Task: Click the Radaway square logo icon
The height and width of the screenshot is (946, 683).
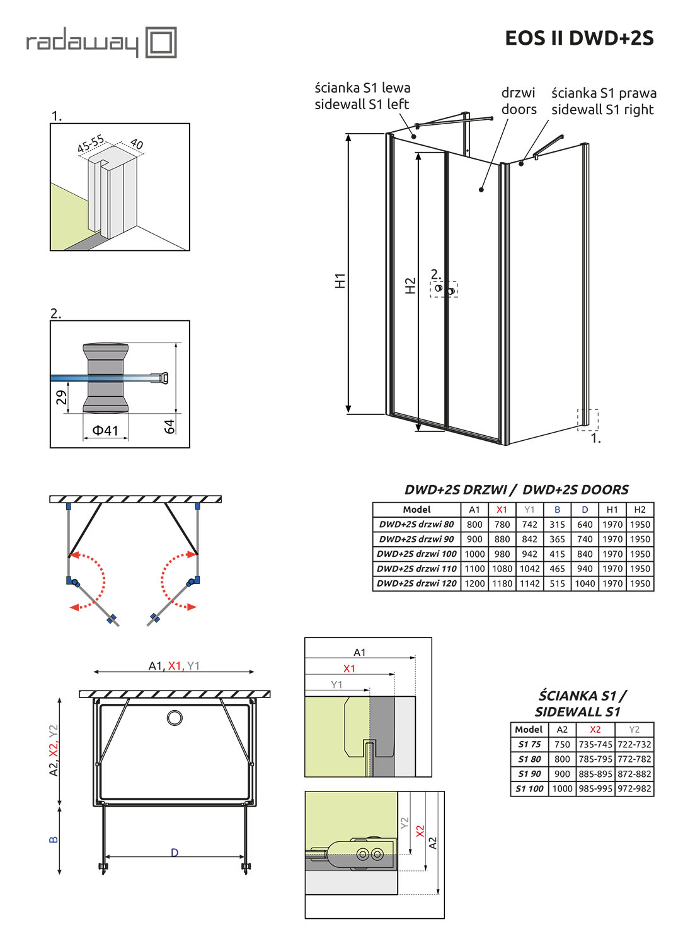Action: [x=161, y=42]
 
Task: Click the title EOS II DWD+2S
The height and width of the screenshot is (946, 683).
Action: [x=579, y=38]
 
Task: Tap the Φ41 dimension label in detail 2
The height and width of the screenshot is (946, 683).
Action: [x=105, y=431]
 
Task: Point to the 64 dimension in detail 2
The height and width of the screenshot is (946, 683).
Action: [x=169, y=426]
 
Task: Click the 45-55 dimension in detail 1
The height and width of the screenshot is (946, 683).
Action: [x=90, y=144]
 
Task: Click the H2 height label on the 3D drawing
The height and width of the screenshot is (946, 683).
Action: [x=410, y=286]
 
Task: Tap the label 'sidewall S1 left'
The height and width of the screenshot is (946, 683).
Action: [x=362, y=104]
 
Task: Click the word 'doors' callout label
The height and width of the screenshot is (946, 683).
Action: [x=519, y=109]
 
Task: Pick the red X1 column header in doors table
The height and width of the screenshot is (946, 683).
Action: [x=502, y=510]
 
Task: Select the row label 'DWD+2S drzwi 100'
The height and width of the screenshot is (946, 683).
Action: [x=416, y=554]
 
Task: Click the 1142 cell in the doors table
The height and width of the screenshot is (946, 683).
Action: [x=529, y=583]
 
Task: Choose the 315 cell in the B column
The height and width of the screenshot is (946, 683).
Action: [x=557, y=524]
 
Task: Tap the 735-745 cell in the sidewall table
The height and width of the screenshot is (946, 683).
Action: [x=595, y=744]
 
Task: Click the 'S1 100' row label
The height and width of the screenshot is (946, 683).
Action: [x=529, y=788]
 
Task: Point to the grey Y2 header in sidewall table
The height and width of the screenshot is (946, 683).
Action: [x=634, y=729]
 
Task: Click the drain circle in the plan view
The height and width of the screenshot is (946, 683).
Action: [x=175, y=718]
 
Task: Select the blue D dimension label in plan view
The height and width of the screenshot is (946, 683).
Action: [x=175, y=853]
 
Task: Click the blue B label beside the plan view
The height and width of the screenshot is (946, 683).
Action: [x=54, y=839]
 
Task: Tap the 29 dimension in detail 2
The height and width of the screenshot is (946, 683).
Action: [x=61, y=397]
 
